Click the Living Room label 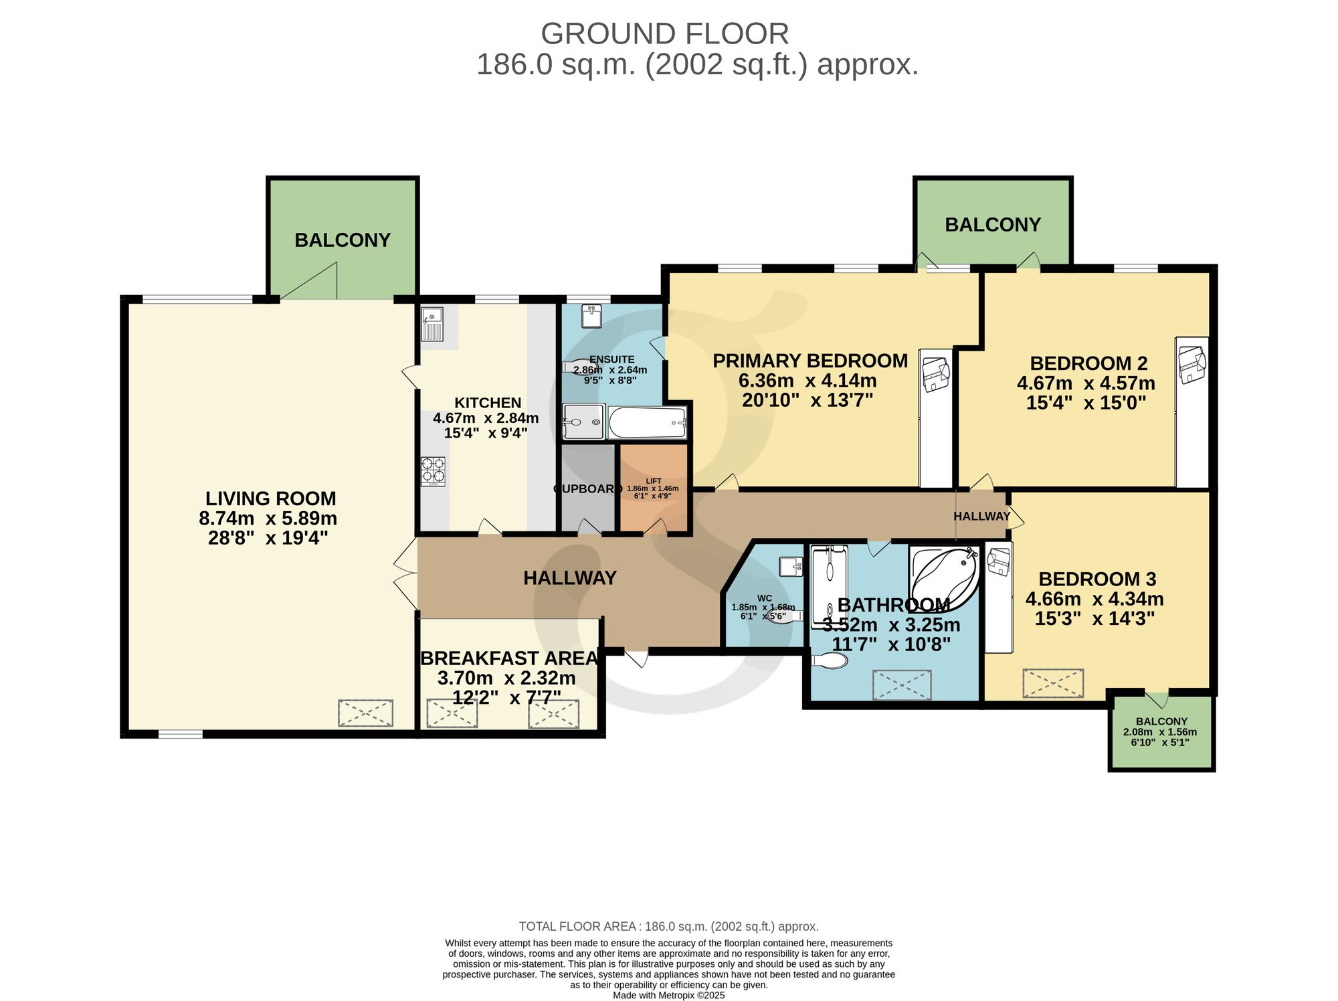click(x=270, y=498)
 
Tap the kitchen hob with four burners click(x=433, y=471)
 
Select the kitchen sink click(x=432, y=324)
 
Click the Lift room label click(x=654, y=481)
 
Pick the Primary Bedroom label click(x=810, y=361)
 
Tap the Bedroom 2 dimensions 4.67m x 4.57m click(x=1086, y=383)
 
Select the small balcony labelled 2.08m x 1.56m click(x=1161, y=733)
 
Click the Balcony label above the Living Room click(x=343, y=240)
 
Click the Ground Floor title click(x=665, y=33)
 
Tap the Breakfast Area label click(x=509, y=658)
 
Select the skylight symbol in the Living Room click(x=365, y=713)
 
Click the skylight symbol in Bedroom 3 click(x=1053, y=683)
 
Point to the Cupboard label click(x=588, y=489)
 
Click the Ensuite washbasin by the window click(x=592, y=316)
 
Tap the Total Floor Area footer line click(x=669, y=927)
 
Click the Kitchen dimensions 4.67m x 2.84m click(x=486, y=418)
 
